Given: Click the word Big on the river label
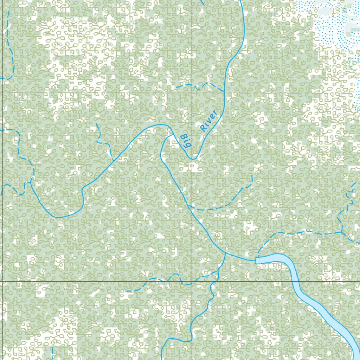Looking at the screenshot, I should tap(185, 141).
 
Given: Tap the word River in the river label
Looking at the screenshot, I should tap(208, 121).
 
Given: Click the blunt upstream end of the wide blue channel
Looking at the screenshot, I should tap(256, 260).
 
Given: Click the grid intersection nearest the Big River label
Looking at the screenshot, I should tap(192, 92).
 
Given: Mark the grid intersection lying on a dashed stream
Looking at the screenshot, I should tap(192, 282).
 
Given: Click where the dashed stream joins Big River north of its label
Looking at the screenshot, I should tap(224, 91).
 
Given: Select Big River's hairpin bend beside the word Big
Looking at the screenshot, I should tap(193, 159).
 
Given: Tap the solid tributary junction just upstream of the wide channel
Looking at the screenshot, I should tap(225, 253).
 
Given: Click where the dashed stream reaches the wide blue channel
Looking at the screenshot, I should tap(258, 254).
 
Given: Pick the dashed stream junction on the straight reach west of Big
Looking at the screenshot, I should tap(113, 161).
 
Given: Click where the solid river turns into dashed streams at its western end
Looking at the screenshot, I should tap(31, 180).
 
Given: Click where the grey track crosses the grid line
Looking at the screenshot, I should tap(289, 282).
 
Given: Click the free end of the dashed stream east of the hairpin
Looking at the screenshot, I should tap(252, 175).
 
